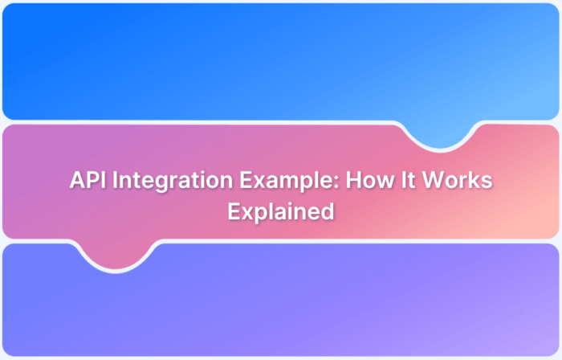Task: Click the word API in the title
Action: (x=87, y=181)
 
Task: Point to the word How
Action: (x=366, y=181)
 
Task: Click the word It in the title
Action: (x=406, y=181)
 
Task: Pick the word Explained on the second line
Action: (x=280, y=211)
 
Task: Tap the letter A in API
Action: (x=77, y=181)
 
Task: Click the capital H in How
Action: (x=352, y=181)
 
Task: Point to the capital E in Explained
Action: (x=234, y=211)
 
